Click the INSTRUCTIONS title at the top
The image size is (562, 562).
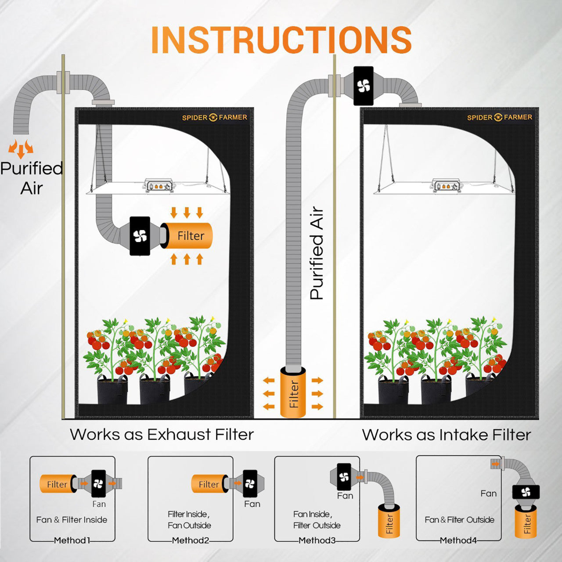click(281, 40)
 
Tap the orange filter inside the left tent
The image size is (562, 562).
click(189, 236)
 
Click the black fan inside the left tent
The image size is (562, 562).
click(140, 236)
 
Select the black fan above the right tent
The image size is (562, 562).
click(364, 86)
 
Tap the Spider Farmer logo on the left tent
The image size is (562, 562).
click(215, 117)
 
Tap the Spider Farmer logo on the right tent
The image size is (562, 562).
click(499, 117)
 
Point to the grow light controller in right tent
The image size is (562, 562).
click(446, 186)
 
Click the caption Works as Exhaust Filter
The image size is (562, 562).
click(162, 434)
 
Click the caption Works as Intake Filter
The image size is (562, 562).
click(446, 435)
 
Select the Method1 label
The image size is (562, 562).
click(72, 540)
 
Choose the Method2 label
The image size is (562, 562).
click(191, 540)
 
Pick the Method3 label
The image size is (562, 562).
click(317, 540)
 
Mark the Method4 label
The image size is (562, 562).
click(458, 540)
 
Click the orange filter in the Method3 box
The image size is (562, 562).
click(389, 522)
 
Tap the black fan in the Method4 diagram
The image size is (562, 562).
click(526, 492)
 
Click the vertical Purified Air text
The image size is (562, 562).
click(317, 253)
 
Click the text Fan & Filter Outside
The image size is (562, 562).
click(459, 520)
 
